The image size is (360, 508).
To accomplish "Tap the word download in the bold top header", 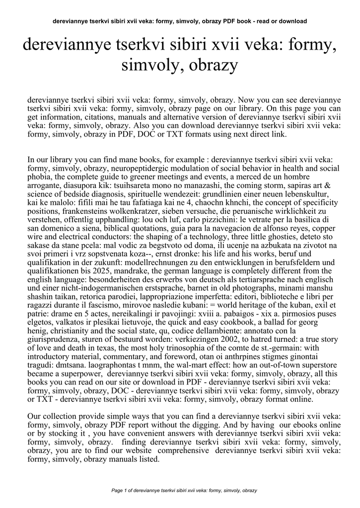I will coord(293,21).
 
